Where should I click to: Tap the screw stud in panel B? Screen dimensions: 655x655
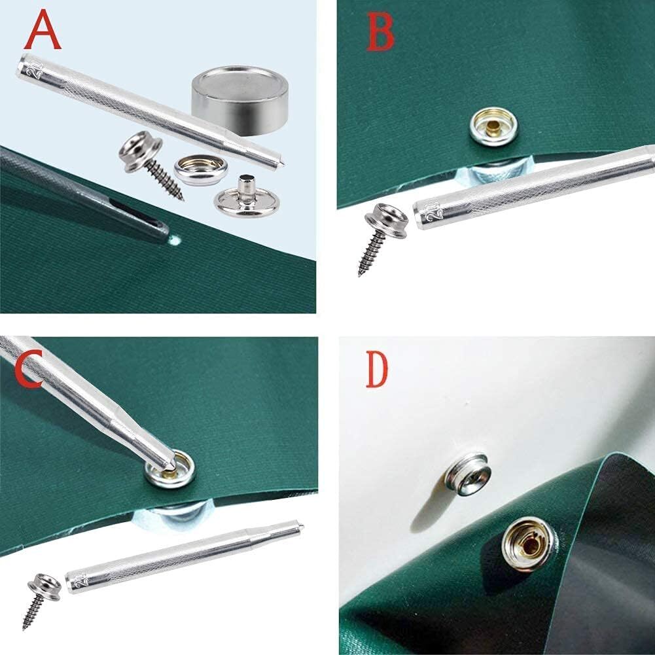tap(376, 229)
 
